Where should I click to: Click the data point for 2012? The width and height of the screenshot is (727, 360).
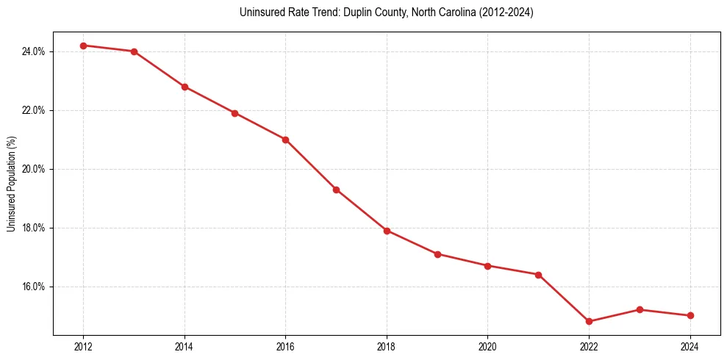point(84,46)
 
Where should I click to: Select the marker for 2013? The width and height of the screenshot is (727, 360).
point(135,51)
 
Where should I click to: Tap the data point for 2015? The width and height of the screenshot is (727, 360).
point(234,113)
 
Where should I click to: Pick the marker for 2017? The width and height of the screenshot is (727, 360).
point(336,190)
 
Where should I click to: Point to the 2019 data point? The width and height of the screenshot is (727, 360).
point(437,254)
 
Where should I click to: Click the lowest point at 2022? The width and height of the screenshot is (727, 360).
point(589,321)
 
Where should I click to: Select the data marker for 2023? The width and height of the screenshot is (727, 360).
point(640,309)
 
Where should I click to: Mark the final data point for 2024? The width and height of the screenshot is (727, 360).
point(690,315)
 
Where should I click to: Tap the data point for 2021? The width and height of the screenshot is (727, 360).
point(538,275)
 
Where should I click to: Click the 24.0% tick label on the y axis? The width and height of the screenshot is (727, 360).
point(35,51)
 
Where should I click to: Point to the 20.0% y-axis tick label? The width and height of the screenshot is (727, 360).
point(35,169)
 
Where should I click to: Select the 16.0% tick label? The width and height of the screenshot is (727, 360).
point(35,287)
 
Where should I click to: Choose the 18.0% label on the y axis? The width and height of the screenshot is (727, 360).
point(35,228)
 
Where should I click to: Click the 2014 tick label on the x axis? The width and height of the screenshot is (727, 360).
point(185,347)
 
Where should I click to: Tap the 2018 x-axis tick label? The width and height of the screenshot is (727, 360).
point(387,347)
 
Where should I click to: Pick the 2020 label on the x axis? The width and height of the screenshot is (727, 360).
point(487,347)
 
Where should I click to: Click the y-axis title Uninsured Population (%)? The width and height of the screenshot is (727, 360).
point(11,184)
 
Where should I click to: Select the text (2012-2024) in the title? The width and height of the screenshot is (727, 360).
point(507,12)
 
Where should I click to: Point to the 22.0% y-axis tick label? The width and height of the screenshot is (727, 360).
point(35,110)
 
